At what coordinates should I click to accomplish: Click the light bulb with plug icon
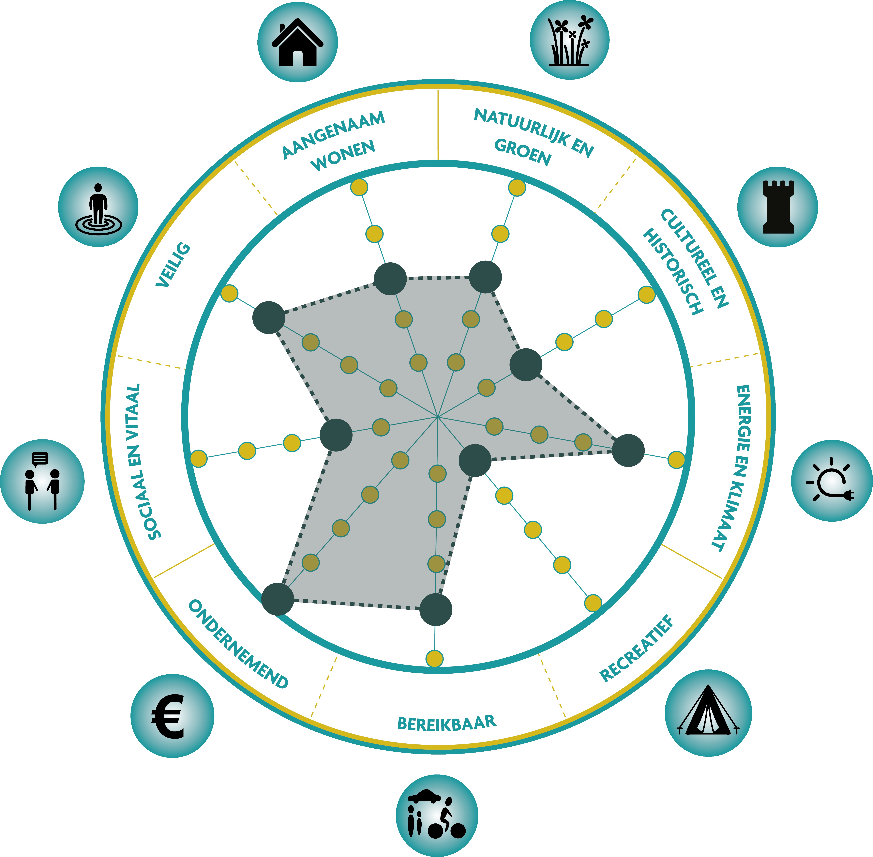(832, 481)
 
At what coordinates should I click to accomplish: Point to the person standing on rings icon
(98, 207)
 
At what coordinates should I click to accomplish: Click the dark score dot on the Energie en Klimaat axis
(628, 451)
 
